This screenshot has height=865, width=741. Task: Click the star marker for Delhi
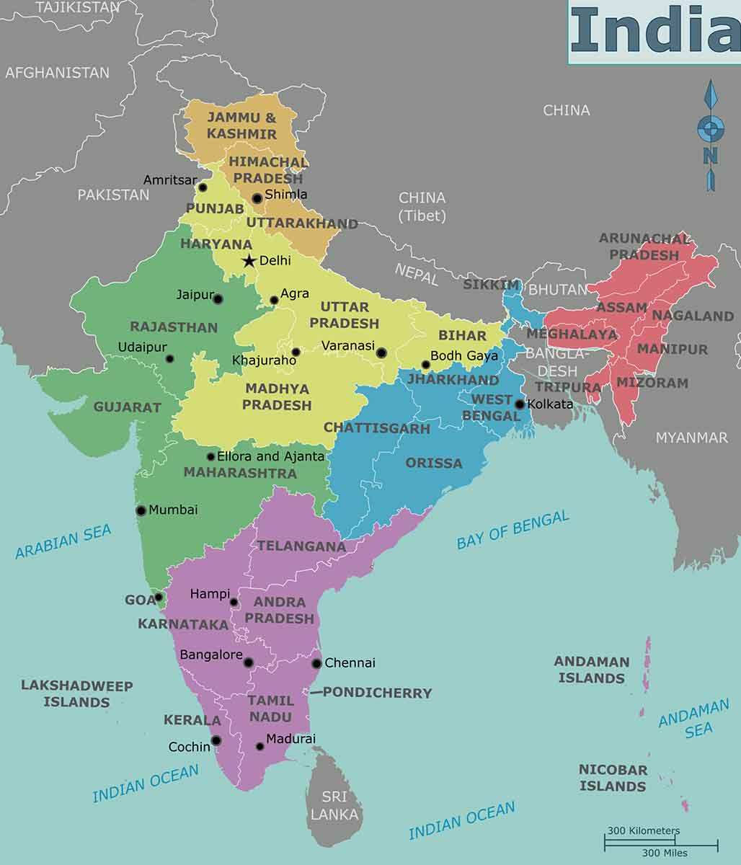tap(249, 261)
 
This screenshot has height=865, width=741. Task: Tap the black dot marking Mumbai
tap(141, 510)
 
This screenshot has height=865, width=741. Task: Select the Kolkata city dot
tap(520, 404)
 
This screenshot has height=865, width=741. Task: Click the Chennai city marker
tap(316, 663)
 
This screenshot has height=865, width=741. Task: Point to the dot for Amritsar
tap(203, 187)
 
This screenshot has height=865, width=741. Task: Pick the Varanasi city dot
tap(381, 352)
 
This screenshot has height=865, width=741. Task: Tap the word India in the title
tap(655, 31)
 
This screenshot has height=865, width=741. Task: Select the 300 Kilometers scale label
tap(643, 830)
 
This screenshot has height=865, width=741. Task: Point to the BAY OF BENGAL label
tap(513, 531)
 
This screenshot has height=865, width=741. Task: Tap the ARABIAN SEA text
tap(63, 541)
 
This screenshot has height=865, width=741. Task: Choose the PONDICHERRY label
tap(377, 693)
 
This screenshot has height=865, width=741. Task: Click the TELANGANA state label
tap(301, 546)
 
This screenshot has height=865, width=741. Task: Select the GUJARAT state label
tap(128, 407)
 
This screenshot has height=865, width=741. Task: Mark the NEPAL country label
tap(416, 274)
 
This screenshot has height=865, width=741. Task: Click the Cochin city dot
tap(216, 740)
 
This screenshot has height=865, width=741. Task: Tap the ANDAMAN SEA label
tap(693, 719)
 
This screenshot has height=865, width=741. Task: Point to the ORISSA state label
tap(433, 463)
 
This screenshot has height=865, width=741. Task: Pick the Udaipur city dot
tap(169, 359)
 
